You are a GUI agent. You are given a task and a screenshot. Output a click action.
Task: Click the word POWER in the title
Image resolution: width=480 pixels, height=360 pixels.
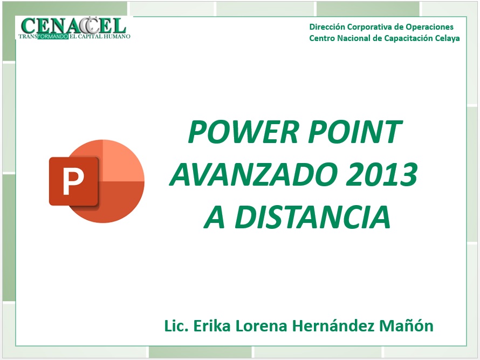(x=243, y=132)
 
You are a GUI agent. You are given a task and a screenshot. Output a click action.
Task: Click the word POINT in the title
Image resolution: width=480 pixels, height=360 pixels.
(x=355, y=132)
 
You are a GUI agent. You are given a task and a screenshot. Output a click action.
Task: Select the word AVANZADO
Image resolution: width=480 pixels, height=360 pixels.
(x=252, y=174)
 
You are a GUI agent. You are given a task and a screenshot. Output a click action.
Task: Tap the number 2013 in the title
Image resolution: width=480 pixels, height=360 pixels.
(x=382, y=174)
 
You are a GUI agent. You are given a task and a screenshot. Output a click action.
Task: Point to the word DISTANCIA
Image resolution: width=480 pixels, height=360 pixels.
(x=313, y=217)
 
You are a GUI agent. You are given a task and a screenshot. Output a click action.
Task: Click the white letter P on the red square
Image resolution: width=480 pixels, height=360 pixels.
(x=73, y=181)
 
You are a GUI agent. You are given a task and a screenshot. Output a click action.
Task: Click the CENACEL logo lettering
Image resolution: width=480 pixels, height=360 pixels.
(x=73, y=25)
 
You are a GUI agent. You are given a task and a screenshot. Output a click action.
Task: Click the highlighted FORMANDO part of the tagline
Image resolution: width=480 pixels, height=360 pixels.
(x=53, y=37)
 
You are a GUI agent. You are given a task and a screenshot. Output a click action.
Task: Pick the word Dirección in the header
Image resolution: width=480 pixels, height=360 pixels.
(x=327, y=27)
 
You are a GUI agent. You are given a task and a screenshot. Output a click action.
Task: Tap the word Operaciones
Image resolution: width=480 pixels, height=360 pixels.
(x=429, y=28)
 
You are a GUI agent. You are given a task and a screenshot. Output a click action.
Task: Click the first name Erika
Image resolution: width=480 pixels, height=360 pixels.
(x=212, y=325)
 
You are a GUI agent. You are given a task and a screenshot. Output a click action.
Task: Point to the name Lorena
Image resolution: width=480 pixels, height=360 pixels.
(x=261, y=326)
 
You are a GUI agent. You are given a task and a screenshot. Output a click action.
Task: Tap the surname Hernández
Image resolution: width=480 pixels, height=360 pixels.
(x=333, y=325)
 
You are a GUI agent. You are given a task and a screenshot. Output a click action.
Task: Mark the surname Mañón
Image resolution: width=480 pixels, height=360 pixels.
(x=406, y=325)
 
